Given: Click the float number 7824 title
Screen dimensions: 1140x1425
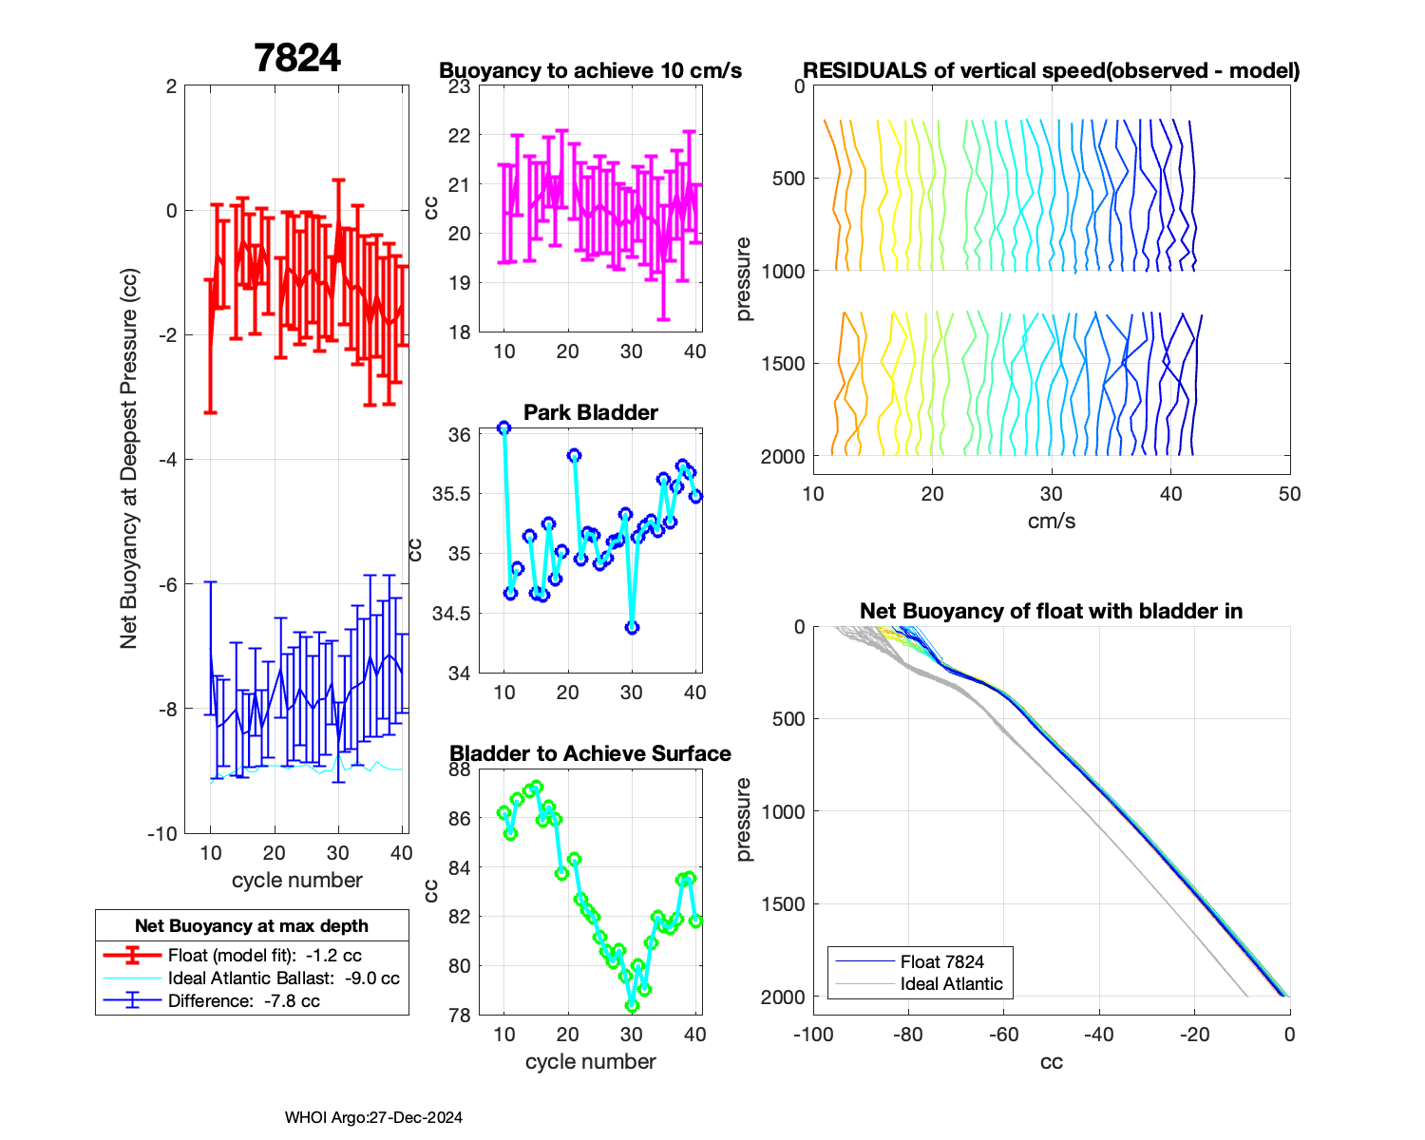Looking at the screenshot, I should point(297,59).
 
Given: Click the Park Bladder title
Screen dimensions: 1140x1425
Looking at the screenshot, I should point(591,412).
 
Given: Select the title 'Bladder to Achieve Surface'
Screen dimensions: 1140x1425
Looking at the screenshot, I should point(591,753).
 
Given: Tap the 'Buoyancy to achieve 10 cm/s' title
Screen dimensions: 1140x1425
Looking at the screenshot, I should point(591,71).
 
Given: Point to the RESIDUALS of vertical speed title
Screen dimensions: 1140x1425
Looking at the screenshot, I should point(1052,71).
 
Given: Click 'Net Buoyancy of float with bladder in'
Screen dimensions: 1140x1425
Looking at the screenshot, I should point(1052,611).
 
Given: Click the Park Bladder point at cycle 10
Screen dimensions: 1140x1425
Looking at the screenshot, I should point(504,428).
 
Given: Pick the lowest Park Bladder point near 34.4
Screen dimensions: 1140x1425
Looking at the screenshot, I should point(632,628).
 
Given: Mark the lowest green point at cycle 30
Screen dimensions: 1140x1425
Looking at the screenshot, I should point(632,1006).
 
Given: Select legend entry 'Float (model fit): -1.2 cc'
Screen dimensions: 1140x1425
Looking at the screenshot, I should point(264,956).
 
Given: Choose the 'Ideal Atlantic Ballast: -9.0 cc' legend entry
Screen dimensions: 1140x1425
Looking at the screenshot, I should point(283,978).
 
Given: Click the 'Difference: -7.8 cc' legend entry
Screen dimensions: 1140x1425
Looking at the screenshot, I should point(243,1001).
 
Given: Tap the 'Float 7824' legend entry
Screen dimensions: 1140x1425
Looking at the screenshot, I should point(941,961).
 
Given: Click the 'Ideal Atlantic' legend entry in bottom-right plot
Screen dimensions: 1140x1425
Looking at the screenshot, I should point(951,984).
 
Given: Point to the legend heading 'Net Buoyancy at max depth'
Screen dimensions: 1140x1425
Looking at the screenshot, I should point(252,926).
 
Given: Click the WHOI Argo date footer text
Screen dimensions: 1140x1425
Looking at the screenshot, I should point(373,1118).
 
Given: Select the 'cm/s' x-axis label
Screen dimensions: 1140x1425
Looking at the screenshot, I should point(1052,522).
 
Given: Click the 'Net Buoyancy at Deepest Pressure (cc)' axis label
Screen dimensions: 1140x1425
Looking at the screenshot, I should point(129,459).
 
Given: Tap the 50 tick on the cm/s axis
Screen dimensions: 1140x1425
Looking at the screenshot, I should point(1289,494).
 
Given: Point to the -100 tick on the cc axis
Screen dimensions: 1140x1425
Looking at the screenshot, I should point(813,1035).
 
